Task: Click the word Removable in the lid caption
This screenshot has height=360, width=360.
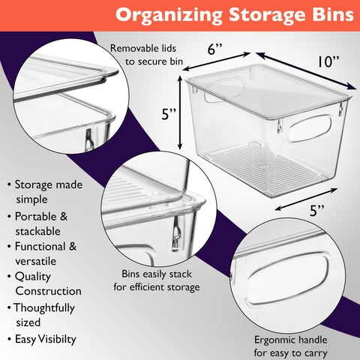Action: click(x=135, y=49)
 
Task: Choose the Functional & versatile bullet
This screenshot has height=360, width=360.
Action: click(x=46, y=254)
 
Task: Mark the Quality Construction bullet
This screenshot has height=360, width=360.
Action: click(x=46, y=283)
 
